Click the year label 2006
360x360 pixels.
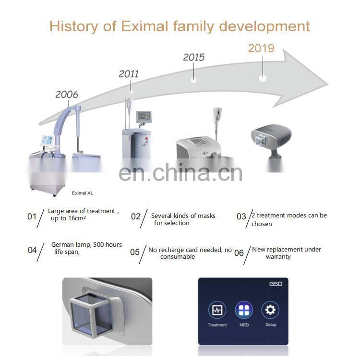click(x=66, y=94)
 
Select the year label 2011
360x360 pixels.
click(x=129, y=74)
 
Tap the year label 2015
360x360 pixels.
click(x=193, y=57)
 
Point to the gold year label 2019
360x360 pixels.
click(x=261, y=48)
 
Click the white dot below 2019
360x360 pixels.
click(x=263, y=78)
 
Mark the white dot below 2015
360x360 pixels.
click(x=193, y=79)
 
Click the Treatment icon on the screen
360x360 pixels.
click(x=217, y=310)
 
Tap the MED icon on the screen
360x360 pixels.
click(x=244, y=310)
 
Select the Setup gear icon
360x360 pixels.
click(x=270, y=310)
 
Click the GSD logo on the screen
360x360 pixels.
click(x=276, y=284)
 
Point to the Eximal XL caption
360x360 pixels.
click(x=82, y=192)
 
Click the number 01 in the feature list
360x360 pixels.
click(x=32, y=216)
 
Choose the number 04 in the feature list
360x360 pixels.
click(x=32, y=250)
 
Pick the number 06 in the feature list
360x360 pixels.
click(x=239, y=253)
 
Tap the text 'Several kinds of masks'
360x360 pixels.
click(x=183, y=216)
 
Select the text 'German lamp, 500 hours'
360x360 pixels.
click(x=86, y=245)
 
